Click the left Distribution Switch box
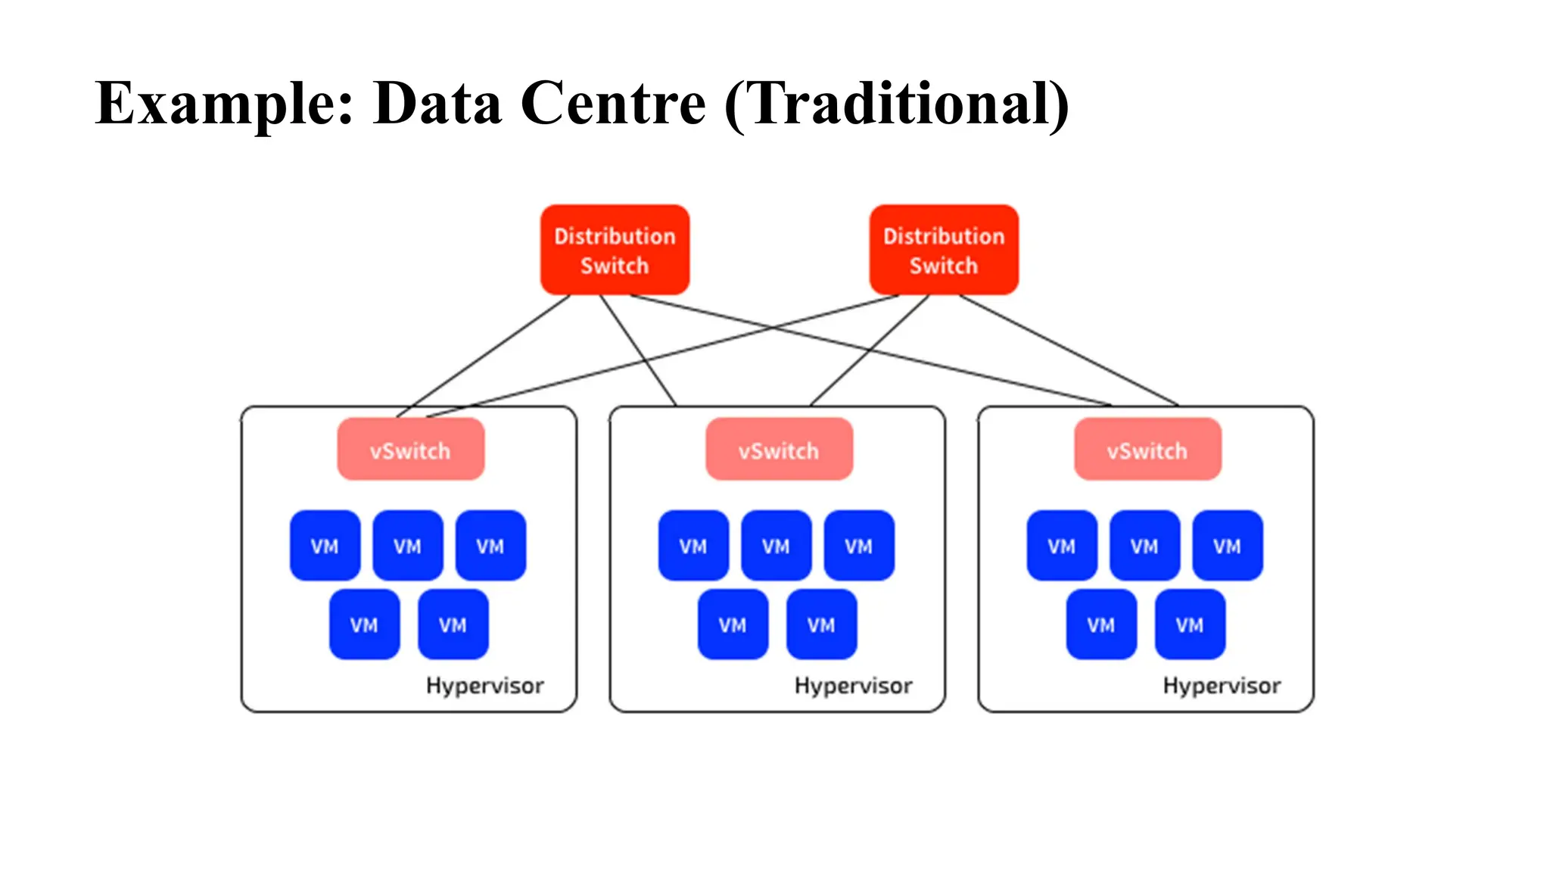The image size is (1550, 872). (x=615, y=250)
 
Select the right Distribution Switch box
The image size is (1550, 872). (x=944, y=250)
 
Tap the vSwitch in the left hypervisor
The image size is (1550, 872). (x=410, y=450)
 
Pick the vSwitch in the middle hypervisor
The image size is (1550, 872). (x=779, y=450)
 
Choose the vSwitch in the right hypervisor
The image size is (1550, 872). (x=1147, y=450)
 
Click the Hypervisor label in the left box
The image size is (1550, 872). (x=484, y=686)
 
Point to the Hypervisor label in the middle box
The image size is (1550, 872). (x=853, y=686)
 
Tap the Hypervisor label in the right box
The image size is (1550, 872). (x=1222, y=686)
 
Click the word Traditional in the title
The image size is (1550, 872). (x=897, y=104)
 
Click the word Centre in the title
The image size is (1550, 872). (x=613, y=104)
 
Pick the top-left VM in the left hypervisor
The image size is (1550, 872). (x=325, y=546)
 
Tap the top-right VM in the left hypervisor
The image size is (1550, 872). (x=490, y=546)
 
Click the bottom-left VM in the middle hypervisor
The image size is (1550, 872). (x=733, y=624)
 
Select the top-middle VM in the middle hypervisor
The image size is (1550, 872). (x=776, y=546)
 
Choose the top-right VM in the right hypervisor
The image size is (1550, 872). (x=1227, y=546)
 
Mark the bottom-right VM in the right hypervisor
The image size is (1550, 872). (x=1190, y=624)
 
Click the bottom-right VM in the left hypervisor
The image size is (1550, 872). (x=453, y=624)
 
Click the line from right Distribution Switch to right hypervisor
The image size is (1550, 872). (x=1069, y=350)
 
